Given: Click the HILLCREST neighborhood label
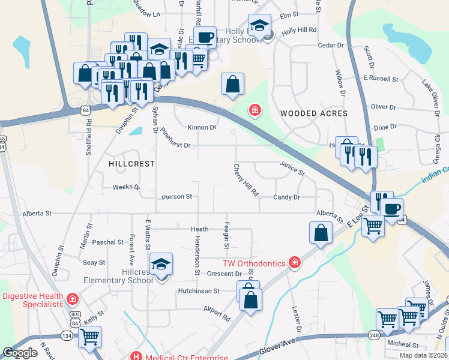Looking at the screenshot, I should point(132,163).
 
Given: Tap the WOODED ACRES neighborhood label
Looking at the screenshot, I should point(313,113).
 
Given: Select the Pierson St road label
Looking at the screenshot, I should point(176,197).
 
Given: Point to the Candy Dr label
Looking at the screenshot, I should point(286,197).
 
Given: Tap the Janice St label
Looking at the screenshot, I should point(292,167).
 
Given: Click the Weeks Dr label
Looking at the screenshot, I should point(126,187).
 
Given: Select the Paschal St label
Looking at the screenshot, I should point(108,242).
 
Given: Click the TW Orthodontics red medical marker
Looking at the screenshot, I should point(294,262).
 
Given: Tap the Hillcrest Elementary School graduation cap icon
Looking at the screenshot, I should point(160,265).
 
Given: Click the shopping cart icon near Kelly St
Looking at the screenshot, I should point(89,337).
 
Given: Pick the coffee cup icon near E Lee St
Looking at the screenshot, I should point(393,209).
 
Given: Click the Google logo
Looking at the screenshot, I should point(20,353).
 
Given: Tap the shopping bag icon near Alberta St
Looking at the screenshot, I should point(321,232).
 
